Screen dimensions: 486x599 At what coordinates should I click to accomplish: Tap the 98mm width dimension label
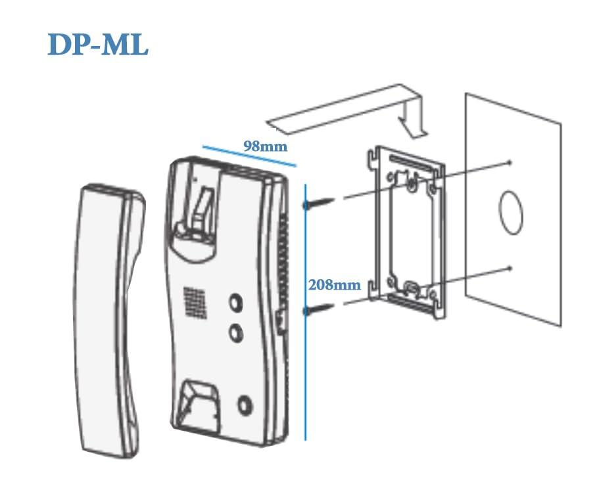pos(265,146)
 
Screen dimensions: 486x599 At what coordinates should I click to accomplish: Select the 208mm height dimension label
pos(335,284)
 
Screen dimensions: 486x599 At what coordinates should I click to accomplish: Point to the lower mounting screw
pos(319,309)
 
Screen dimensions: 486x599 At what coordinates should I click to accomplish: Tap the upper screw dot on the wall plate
pos(510,162)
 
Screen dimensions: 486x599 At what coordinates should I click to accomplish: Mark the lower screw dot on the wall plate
pos(511,268)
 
